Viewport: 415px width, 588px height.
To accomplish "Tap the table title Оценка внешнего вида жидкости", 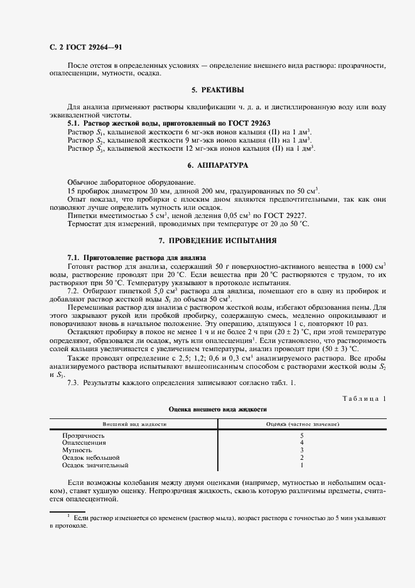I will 218,409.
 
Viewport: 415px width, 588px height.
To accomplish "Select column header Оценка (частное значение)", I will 303,425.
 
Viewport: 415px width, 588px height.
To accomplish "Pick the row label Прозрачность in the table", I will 84,435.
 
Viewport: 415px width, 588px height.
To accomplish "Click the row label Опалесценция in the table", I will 84,443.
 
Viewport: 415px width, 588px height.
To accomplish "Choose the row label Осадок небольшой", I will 90,458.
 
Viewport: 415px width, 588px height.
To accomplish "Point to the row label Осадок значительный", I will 95,465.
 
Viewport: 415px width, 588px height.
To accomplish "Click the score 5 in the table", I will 302,435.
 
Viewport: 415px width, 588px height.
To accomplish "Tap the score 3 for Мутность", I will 302,450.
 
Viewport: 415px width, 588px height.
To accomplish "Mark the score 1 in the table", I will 302,465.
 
